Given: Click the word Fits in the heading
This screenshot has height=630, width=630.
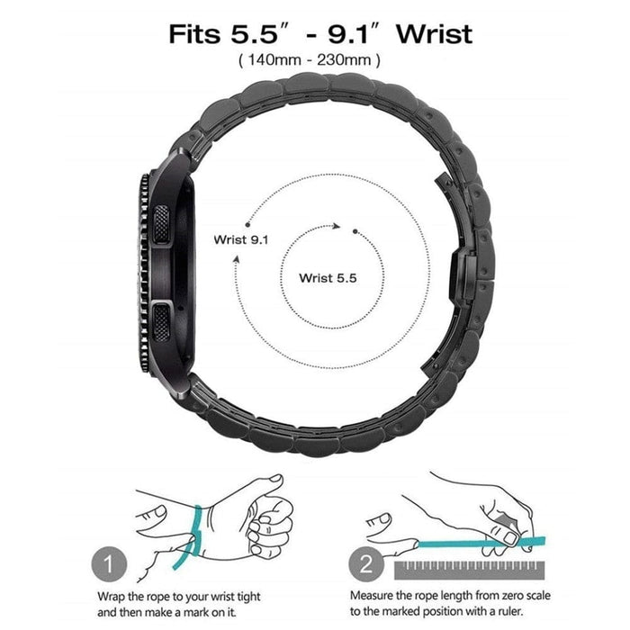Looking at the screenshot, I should point(196,34).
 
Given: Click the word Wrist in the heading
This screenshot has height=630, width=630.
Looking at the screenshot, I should point(434,34).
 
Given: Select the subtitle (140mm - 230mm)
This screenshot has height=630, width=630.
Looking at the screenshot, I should point(309,60).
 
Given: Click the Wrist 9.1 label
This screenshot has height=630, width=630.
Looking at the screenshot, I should point(240,239).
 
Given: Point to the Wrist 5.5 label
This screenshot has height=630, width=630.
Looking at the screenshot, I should point(328,277).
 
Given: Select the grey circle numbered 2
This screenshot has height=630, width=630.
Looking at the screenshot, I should point(366,566).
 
